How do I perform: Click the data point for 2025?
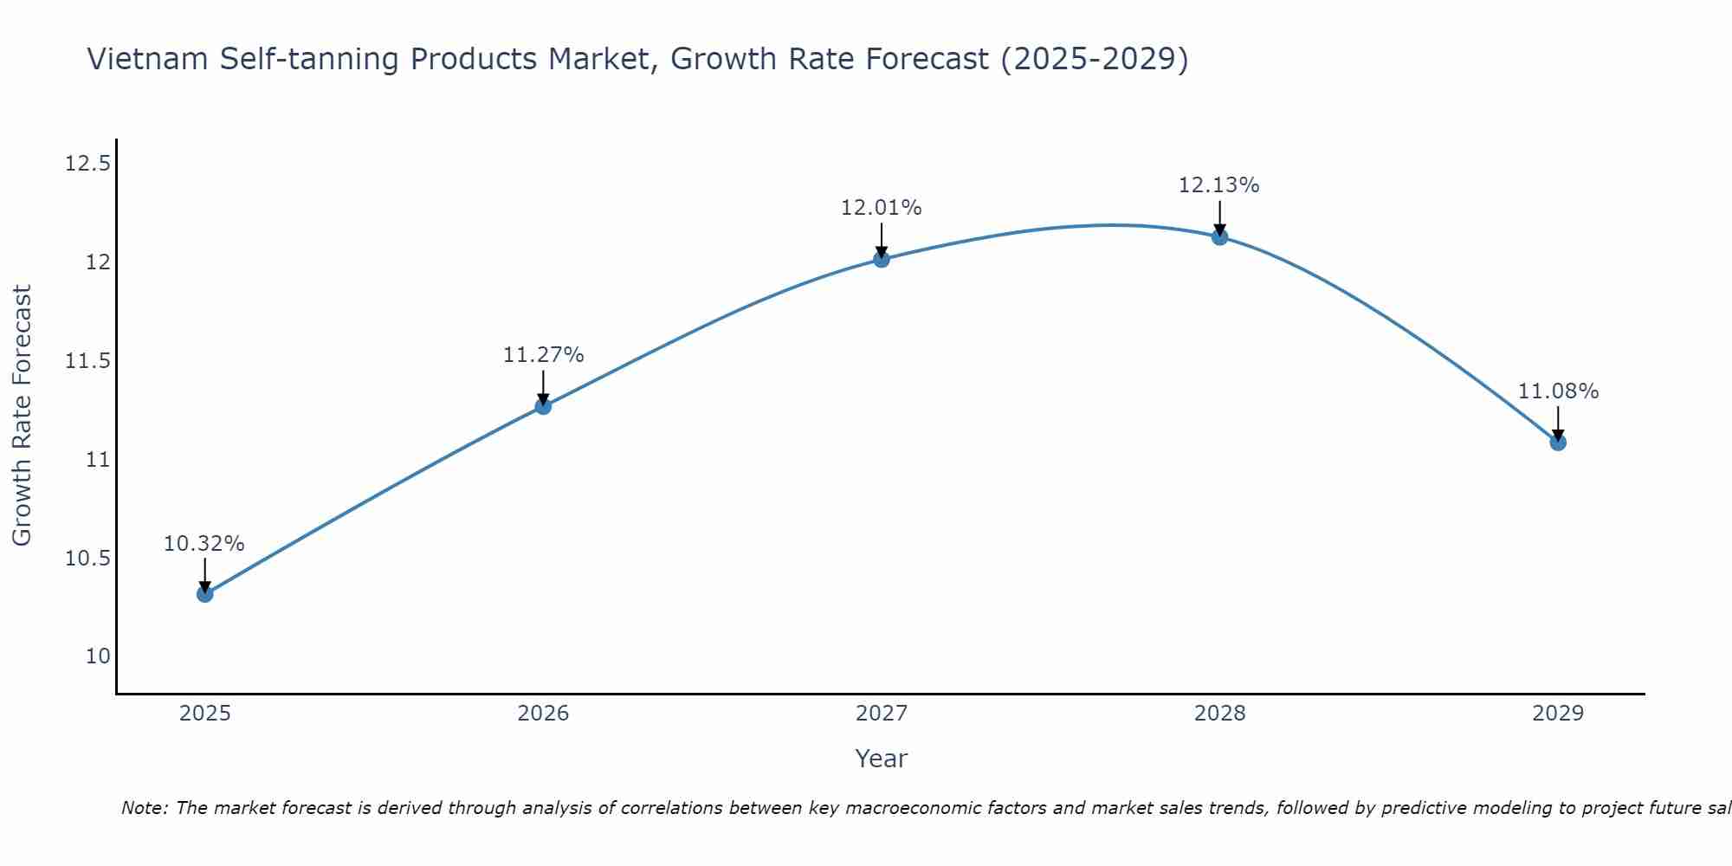(x=205, y=594)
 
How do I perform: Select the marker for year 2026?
(x=543, y=406)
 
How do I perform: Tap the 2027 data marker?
(x=882, y=259)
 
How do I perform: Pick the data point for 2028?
(x=1219, y=236)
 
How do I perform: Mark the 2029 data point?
(x=1558, y=443)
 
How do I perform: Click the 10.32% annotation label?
(x=204, y=544)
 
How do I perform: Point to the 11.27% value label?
(x=543, y=355)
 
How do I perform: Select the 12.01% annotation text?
(x=882, y=208)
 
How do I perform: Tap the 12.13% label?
(x=1219, y=185)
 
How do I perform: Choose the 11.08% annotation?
(x=1558, y=391)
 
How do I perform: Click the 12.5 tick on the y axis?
(x=87, y=163)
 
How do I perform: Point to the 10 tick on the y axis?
(x=99, y=656)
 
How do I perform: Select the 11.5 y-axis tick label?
(x=87, y=360)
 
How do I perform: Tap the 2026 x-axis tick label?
(x=543, y=714)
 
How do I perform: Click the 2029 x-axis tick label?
(x=1558, y=714)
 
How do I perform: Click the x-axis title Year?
(x=882, y=759)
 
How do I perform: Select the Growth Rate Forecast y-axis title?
(x=22, y=416)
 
